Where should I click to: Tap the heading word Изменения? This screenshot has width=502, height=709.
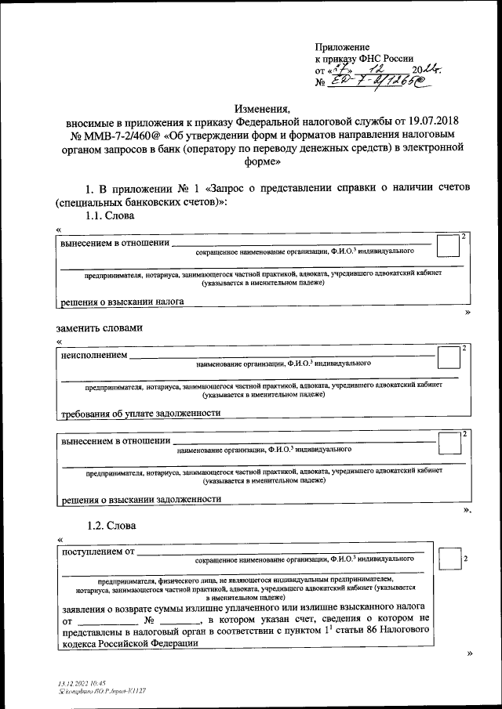click(x=262, y=108)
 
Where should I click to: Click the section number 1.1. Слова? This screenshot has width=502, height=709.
click(x=111, y=215)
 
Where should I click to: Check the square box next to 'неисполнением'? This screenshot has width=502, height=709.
click(x=448, y=358)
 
